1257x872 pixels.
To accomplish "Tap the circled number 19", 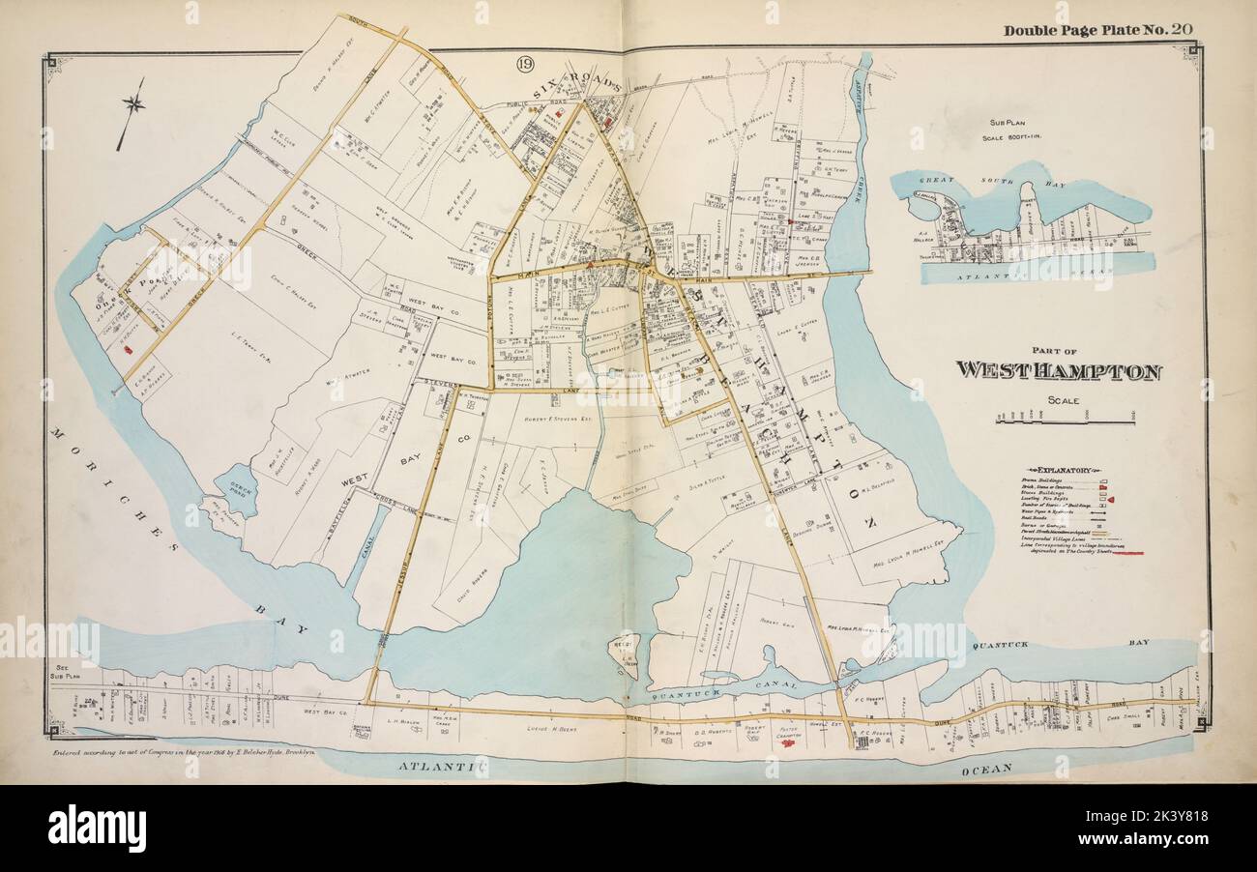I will pyautogui.click(x=524, y=65).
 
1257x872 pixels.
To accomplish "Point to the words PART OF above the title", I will pyautogui.click(x=1060, y=351).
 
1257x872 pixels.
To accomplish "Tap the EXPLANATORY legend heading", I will pyautogui.click(x=1061, y=468).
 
